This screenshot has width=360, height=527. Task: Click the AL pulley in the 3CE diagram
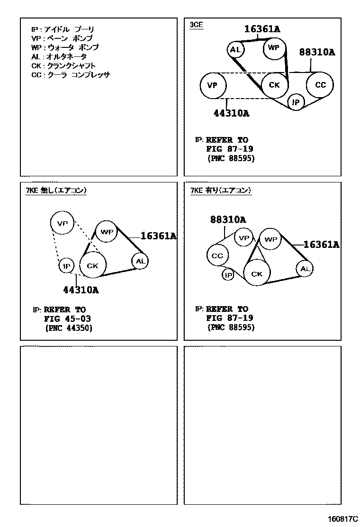[x=235, y=49]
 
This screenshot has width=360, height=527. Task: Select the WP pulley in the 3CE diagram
[x=274, y=48]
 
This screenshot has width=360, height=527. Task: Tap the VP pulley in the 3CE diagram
[x=212, y=86]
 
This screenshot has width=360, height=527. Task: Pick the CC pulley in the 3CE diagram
[x=320, y=85]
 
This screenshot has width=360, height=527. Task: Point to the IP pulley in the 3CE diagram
[x=296, y=102]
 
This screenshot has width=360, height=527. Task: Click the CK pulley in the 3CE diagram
[x=274, y=85]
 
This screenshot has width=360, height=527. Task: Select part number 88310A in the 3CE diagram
[x=316, y=53]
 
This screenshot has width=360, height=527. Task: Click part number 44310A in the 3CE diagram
[x=231, y=113]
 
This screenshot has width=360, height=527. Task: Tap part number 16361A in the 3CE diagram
[x=262, y=29]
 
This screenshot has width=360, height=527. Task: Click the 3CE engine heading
[x=196, y=25]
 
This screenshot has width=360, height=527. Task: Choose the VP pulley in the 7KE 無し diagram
[x=63, y=223]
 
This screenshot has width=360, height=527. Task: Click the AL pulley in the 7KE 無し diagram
[x=140, y=261]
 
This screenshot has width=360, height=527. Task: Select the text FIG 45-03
[x=67, y=318]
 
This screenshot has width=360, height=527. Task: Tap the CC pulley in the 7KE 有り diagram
[x=217, y=256]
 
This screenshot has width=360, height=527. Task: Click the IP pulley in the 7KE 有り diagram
[x=228, y=275]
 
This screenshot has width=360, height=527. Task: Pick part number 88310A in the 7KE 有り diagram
[x=228, y=219]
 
